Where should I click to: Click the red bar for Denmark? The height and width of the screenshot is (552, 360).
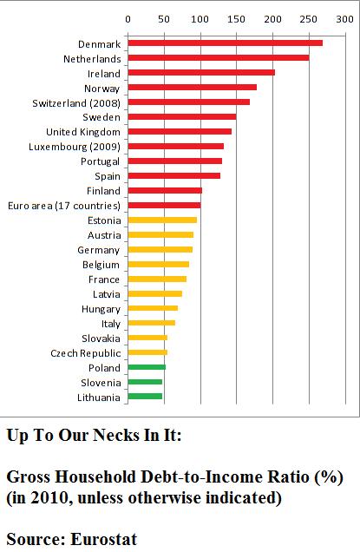pos(226,43)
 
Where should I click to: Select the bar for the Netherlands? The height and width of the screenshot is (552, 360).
pos(219,58)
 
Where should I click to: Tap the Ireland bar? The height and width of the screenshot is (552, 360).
pos(201,73)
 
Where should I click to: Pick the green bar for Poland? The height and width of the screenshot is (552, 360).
pos(147,367)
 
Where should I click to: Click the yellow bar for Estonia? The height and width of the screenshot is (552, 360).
pos(162,220)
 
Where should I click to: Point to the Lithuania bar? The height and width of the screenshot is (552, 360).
pos(145,397)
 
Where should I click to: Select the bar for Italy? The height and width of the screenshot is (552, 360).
pos(151,323)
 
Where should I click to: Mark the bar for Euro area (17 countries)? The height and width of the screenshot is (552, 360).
pos(164,205)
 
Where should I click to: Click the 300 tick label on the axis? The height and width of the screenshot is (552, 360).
pos(344,19)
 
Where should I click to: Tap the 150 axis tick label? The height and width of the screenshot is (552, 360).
pos(236,19)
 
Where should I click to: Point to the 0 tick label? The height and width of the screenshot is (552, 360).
pos(128,19)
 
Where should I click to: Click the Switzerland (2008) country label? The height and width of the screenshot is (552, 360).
pos(76,103)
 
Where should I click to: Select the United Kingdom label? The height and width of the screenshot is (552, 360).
pos(83,133)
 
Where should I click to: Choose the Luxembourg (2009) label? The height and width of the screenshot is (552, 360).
pos(75,147)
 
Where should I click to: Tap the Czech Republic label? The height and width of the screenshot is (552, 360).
pos(86,353)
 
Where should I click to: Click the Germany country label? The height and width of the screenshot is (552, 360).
pos(99,250)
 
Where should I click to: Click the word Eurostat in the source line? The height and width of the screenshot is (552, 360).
pos(104,539)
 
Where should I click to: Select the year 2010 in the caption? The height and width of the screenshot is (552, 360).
pos(51,498)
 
